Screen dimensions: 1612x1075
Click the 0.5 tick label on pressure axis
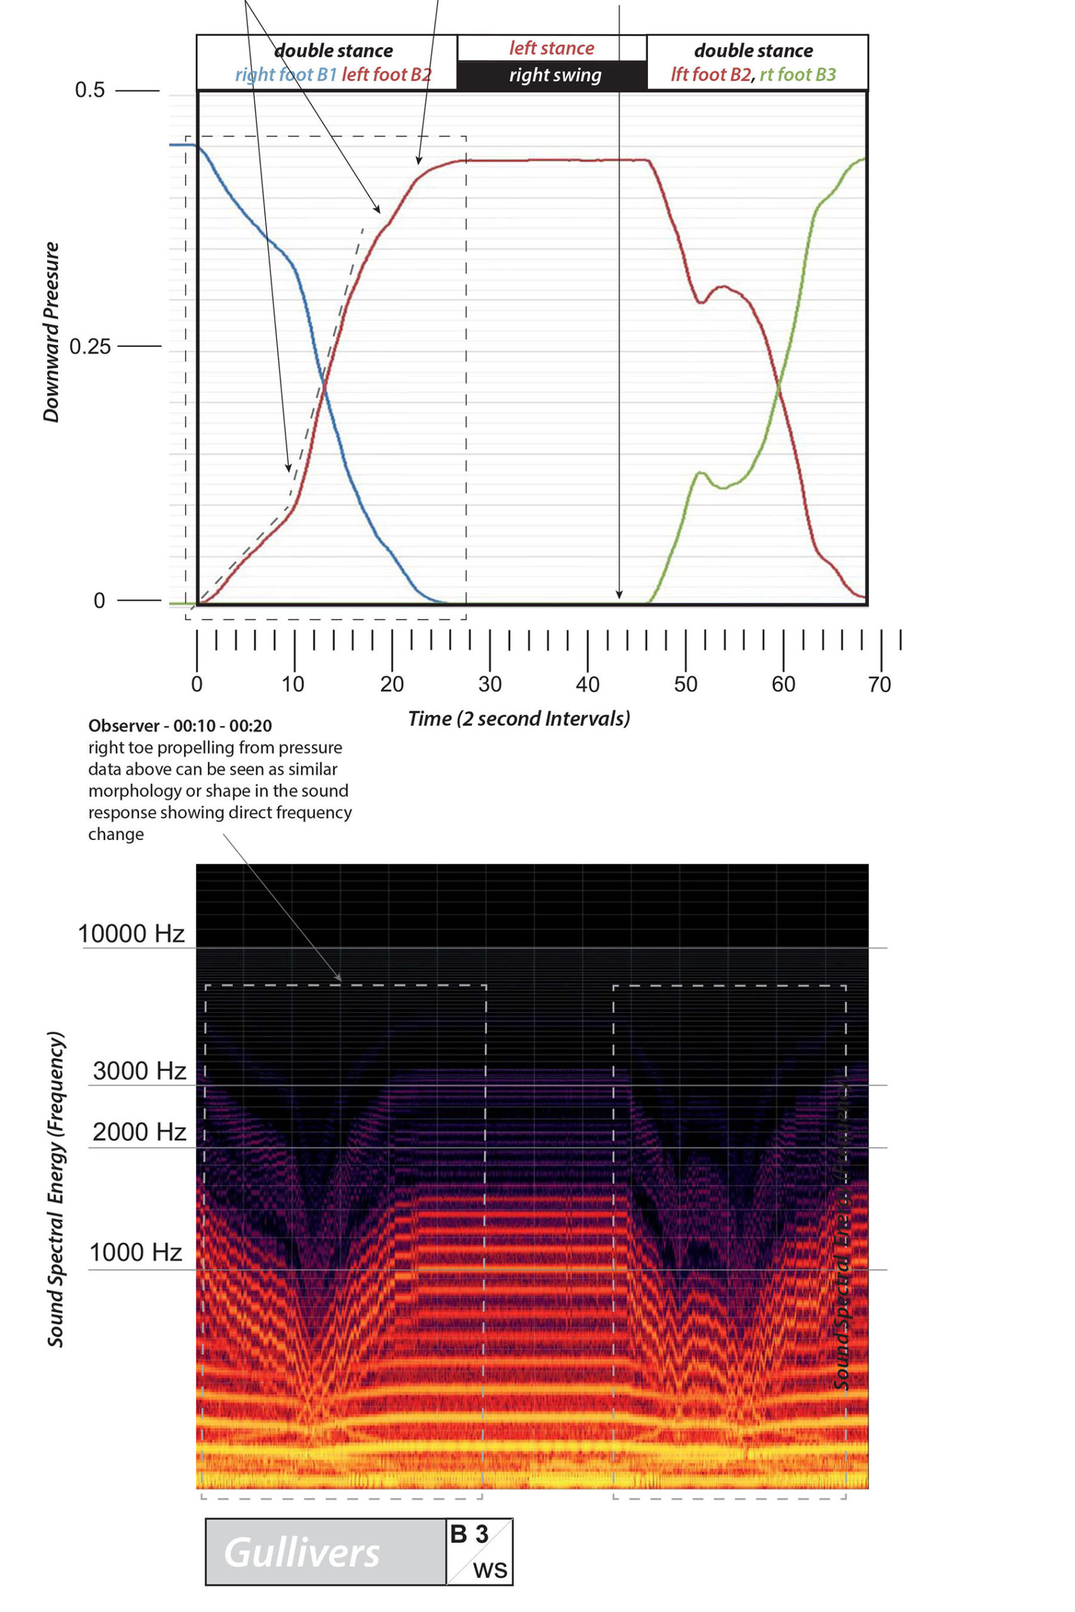pos(90,90)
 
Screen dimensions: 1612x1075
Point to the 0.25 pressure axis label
pos(90,346)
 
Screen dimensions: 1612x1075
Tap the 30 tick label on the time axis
pos(489,684)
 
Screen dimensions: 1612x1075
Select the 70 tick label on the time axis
pos(880,684)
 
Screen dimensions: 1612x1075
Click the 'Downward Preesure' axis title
pos(52,332)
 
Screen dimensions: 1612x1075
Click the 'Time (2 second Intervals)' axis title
pos(519,718)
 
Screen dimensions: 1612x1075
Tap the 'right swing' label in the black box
pos(555,76)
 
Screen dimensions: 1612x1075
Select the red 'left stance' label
pos(551,48)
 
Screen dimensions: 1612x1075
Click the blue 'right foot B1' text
pos(286,74)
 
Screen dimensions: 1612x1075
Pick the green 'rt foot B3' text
pos(798,74)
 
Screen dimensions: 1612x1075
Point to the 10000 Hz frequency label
pos(131,933)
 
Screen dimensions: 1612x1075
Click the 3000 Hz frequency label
pos(139,1070)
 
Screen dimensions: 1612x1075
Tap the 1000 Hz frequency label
pos(136,1252)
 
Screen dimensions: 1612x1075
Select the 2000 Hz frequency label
pos(139,1132)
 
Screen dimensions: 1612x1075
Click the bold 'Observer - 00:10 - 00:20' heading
pos(180,725)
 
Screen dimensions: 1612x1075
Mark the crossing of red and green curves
pos(779,389)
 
